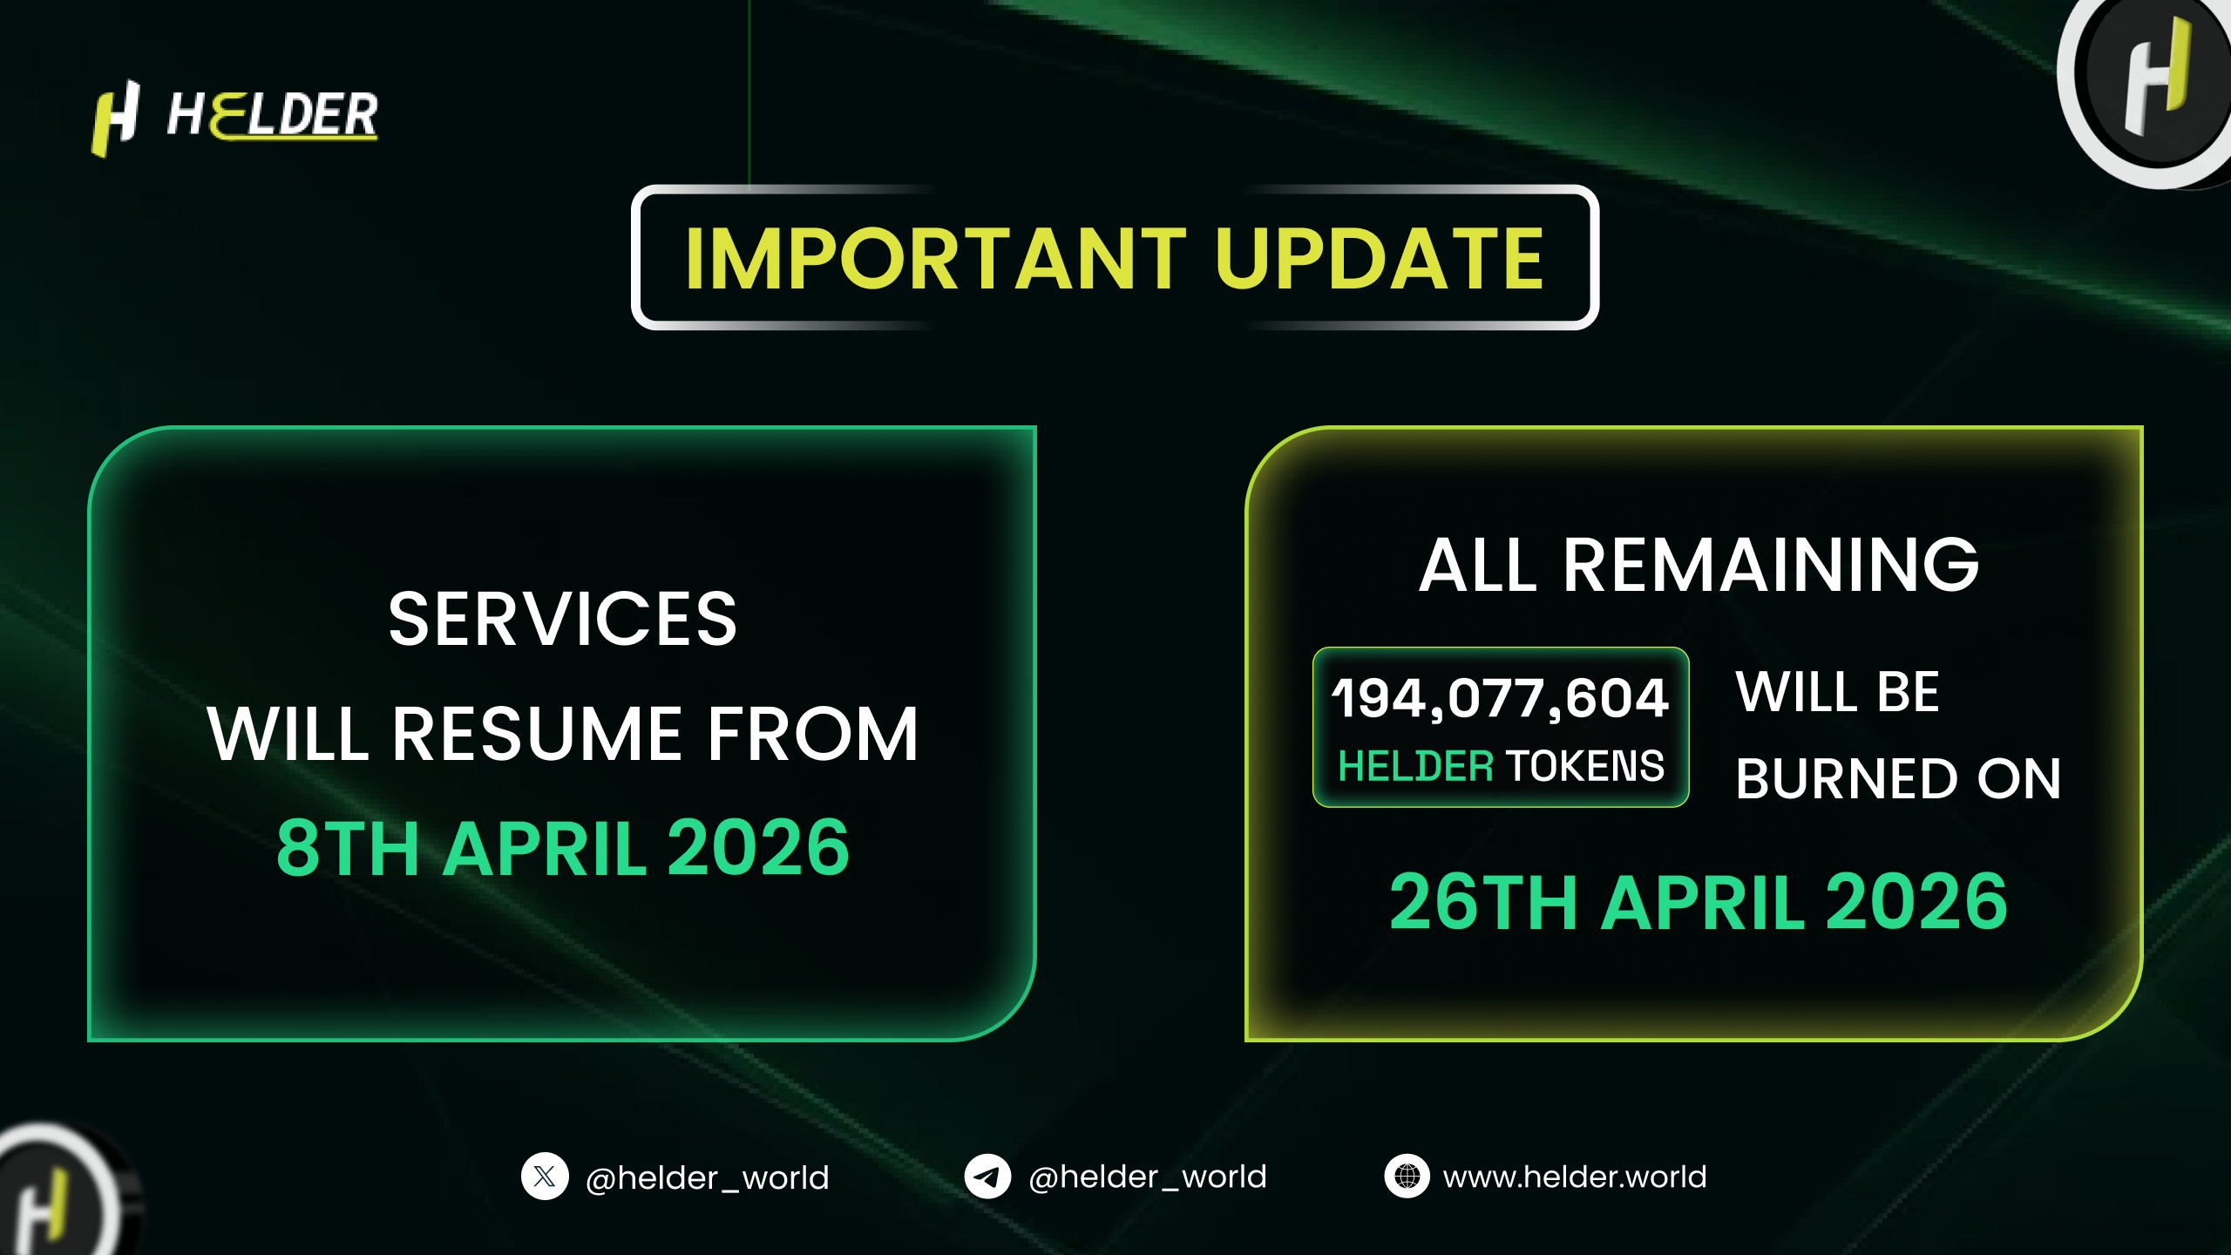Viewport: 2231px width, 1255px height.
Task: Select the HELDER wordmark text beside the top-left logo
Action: pyautogui.click(x=273, y=115)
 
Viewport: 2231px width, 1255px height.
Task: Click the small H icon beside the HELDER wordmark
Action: pyautogui.click(x=116, y=119)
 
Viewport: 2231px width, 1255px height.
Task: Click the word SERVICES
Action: pyautogui.click(x=563, y=619)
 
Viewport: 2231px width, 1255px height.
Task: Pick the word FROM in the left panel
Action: pyautogui.click(x=813, y=734)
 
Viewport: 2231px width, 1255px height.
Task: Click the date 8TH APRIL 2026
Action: pyautogui.click(x=563, y=848)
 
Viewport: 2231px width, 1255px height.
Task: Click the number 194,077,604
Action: pyautogui.click(x=1501, y=698)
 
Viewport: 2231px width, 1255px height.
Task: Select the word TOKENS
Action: pyautogui.click(x=1584, y=766)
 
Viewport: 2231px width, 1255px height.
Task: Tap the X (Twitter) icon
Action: pyautogui.click(x=545, y=1177)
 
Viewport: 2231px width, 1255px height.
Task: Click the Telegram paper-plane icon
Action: pyautogui.click(x=987, y=1177)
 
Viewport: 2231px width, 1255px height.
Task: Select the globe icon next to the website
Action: pyautogui.click(x=1407, y=1177)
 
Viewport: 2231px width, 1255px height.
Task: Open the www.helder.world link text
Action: pyautogui.click(x=1575, y=1177)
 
